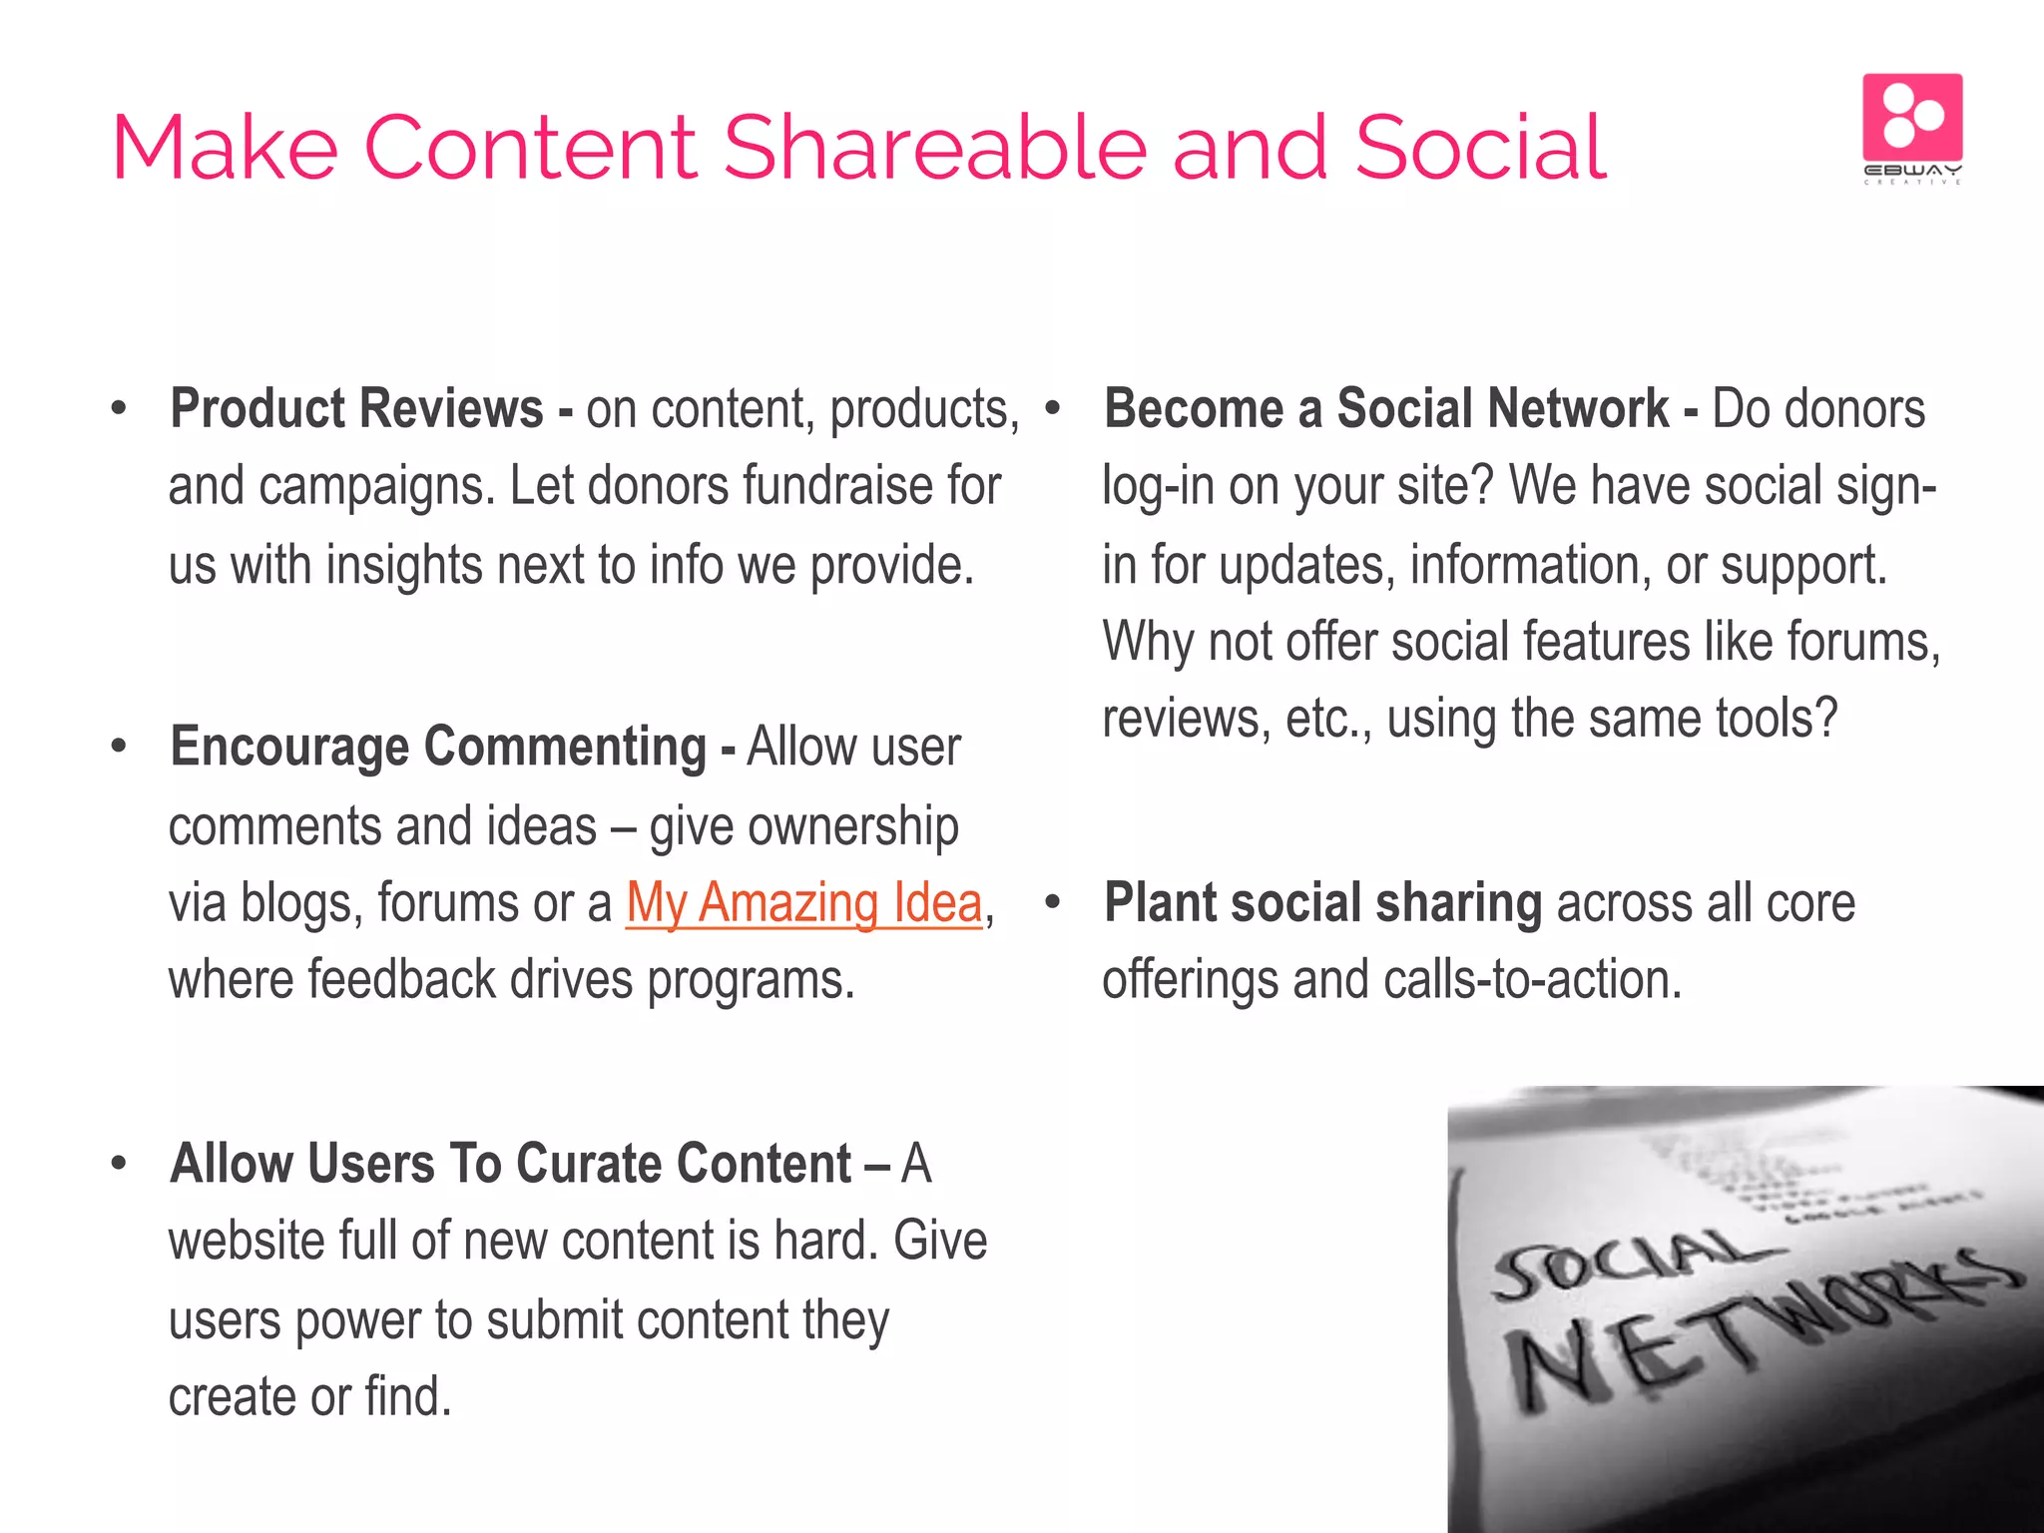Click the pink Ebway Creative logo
pos(1912,127)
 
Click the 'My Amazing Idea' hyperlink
pos(803,903)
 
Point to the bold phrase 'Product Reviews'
pos(356,409)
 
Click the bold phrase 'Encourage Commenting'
pos(438,747)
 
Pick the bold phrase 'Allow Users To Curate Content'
pos(510,1164)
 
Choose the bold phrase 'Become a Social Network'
pos(1386,409)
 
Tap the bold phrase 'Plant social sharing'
pos(1322,903)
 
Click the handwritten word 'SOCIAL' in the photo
pos(1622,1263)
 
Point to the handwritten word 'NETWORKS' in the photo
pos(1757,1327)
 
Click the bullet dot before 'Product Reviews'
pos(120,409)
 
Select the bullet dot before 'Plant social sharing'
pos(1052,903)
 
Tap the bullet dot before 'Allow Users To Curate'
pos(120,1164)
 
